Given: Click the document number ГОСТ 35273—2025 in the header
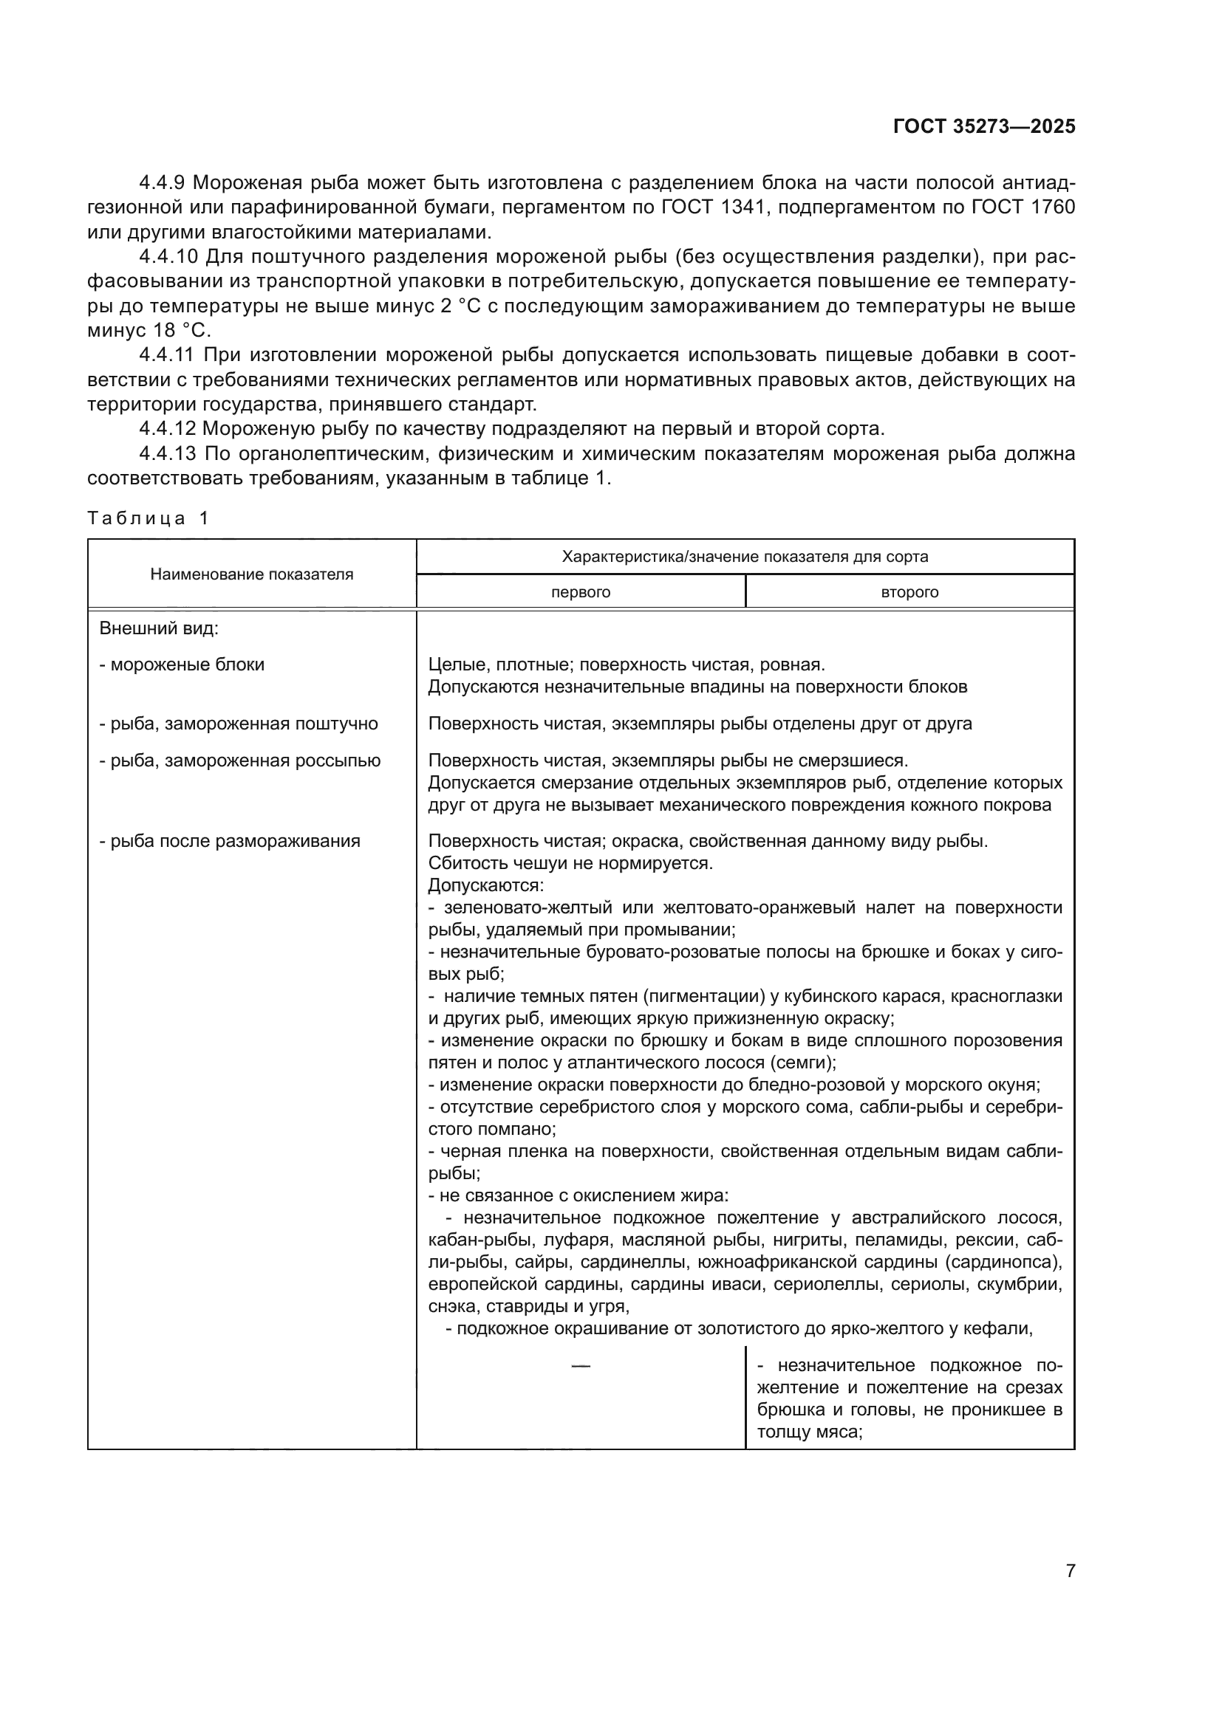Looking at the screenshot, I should (983, 126).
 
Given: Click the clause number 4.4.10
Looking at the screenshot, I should (169, 256).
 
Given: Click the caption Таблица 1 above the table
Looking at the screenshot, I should (149, 518).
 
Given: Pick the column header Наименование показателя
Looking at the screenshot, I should (251, 574).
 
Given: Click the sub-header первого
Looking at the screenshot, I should (580, 593).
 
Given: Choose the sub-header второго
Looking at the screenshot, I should (909, 593).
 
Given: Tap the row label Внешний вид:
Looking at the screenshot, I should (159, 628).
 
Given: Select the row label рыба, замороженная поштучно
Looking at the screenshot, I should (239, 724).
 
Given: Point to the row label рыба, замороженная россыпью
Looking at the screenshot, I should (240, 761).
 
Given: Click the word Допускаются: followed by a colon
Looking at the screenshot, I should (485, 885).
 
